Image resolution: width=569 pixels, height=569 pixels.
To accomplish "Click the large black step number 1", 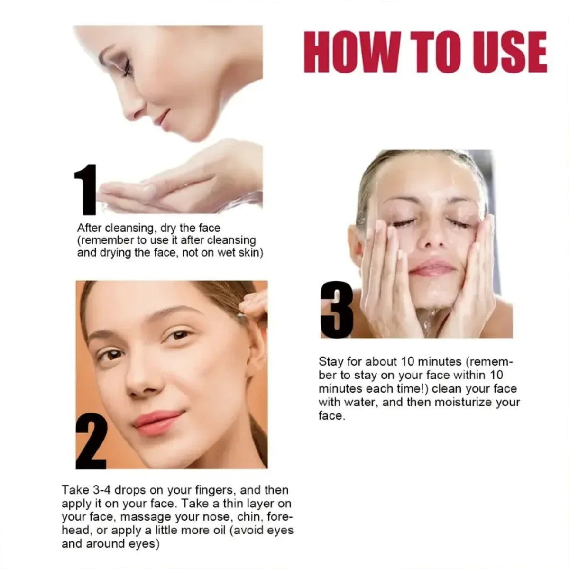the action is click(86, 190).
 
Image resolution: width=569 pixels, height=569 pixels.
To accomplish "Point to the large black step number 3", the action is click(337, 310).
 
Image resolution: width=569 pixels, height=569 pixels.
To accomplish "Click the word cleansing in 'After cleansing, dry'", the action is click(129, 228).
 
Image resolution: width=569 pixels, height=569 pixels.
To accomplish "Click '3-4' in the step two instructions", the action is click(101, 490).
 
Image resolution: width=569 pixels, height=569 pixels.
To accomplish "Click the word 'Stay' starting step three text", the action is click(331, 362).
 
